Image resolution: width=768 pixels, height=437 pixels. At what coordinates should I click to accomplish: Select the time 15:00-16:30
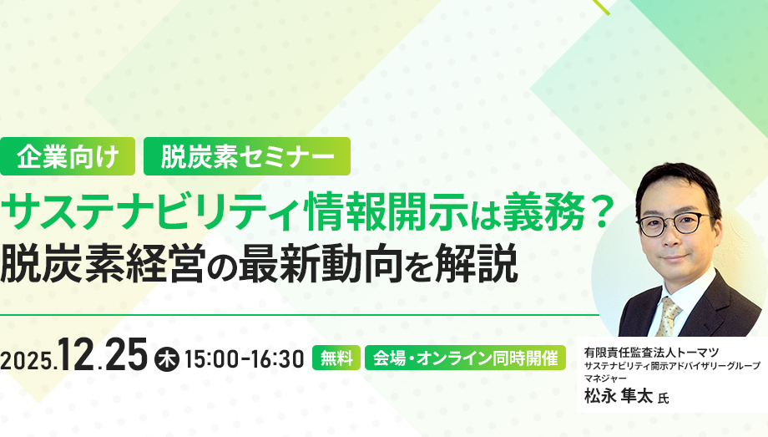[244, 359]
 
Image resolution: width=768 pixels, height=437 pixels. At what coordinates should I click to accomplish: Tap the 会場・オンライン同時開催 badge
[466, 358]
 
